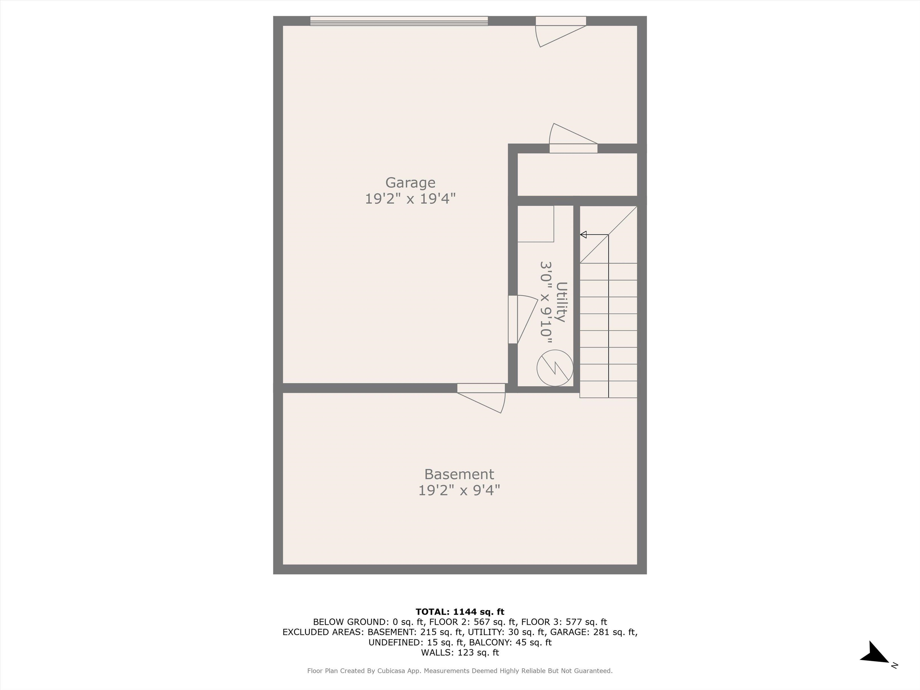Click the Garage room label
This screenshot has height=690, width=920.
click(410, 183)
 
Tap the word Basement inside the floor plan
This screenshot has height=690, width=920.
click(459, 474)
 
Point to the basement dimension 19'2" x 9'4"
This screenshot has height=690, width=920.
click(459, 490)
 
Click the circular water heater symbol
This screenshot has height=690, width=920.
click(555, 368)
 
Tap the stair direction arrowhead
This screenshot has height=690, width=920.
click(583, 235)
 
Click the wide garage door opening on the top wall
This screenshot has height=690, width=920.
click(399, 21)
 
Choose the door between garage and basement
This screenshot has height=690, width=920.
click(481, 398)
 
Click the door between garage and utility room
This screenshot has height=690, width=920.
click(523, 320)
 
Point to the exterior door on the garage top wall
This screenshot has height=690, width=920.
click(561, 32)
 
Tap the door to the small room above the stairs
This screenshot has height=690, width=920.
click(574, 138)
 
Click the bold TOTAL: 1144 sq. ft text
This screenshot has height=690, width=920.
click(460, 612)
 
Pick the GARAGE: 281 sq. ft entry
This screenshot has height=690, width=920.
click(594, 632)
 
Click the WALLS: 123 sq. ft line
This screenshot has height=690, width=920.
click(460, 653)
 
